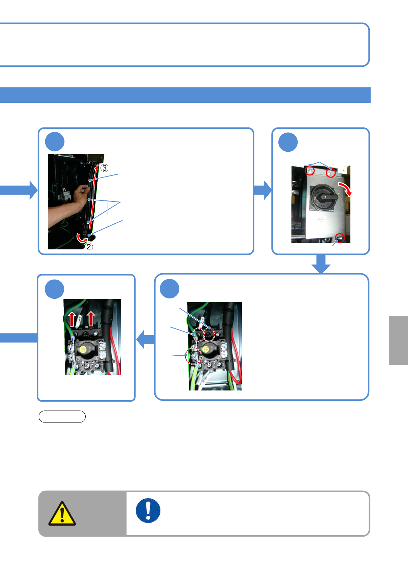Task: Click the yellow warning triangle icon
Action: (62, 513)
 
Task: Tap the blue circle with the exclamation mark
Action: (148, 510)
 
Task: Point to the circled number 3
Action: (105, 168)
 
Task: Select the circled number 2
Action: (89, 246)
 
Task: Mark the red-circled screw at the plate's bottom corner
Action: (340, 237)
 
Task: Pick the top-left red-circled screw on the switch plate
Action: (310, 170)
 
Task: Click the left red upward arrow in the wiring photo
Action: (72, 319)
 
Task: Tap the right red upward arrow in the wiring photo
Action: (91, 319)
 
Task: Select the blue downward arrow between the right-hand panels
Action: (321, 264)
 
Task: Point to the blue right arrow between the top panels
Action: (263, 190)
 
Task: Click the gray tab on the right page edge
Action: (398, 340)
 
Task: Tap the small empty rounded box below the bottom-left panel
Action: (62, 416)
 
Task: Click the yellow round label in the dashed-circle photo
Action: (205, 349)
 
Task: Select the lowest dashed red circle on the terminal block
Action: (193, 356)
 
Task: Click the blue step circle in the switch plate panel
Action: (288, 142)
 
